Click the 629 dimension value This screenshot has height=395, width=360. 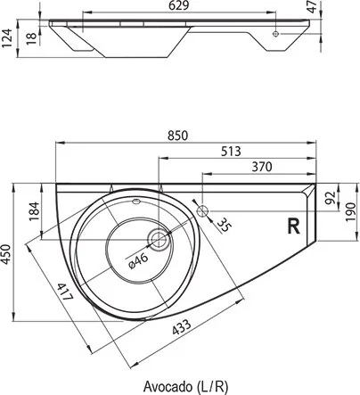(178, 5)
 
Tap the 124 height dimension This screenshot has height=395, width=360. (6, 37)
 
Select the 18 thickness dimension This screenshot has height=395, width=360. (31, 38)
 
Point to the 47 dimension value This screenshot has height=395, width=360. (312, 7)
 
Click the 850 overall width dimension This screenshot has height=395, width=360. (177, 136)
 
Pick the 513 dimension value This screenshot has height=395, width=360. (231, 152)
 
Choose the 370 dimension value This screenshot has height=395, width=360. (262, 167)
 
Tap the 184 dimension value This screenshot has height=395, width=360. (34, 211)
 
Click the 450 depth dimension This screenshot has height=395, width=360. (6, 253)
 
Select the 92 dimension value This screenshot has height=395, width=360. (331, 197)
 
